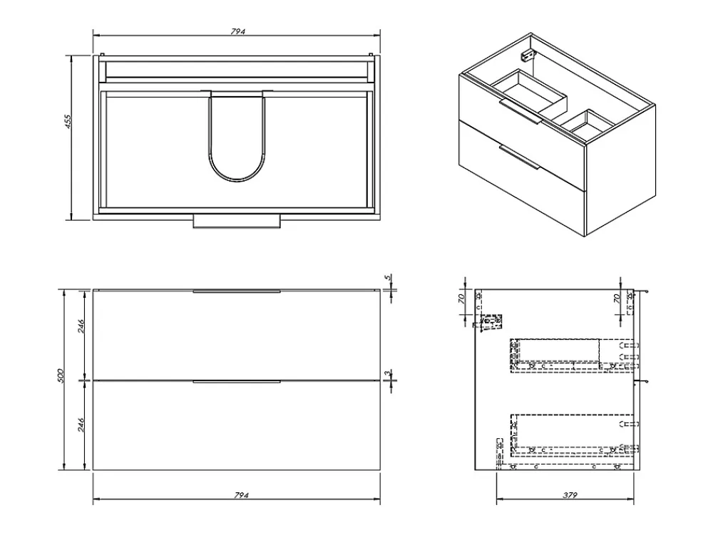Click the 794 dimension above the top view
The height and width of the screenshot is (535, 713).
238,32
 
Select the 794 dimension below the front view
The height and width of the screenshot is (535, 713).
241,495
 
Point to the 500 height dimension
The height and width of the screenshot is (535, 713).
61,375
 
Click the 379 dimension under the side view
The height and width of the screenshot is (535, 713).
570,495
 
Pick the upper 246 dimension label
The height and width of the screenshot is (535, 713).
81,326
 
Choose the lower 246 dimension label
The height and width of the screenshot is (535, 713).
81,425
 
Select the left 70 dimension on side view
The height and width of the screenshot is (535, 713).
461,298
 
